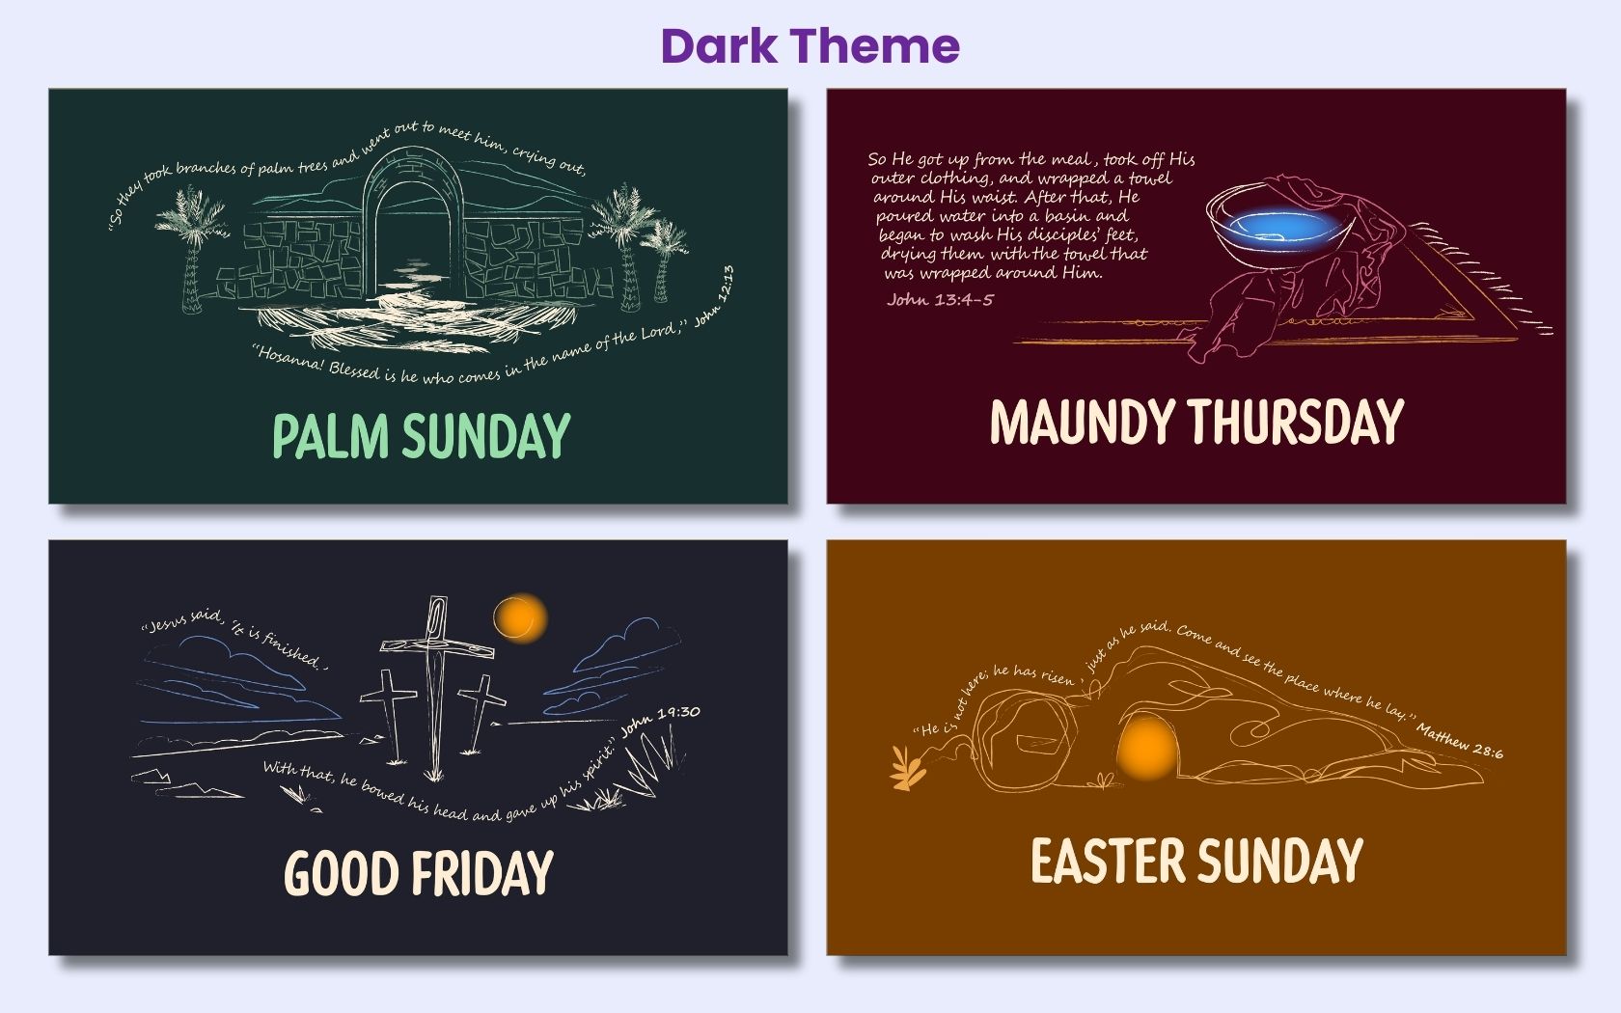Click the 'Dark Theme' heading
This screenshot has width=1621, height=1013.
pos(810,45)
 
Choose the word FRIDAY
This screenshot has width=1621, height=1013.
pos(482,873)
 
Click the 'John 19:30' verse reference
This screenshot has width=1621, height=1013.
pos(661,721)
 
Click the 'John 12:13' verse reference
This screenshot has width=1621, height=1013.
pos(715,295)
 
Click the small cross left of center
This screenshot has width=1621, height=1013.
pos(390,714)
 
